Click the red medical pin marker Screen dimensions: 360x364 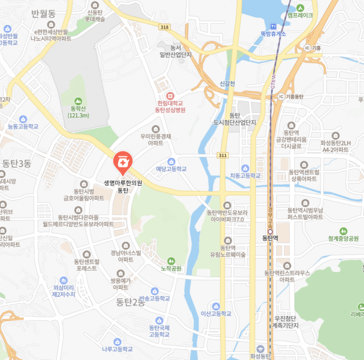coord(121,162)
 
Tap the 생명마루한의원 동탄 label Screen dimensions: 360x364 coord(123,187)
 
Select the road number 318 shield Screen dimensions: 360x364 coord(164,27)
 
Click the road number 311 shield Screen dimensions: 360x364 coord(223,155)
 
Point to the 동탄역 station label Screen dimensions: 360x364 coord(270,238)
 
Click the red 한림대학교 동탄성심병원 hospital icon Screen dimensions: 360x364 coord(170,95)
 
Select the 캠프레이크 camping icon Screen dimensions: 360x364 coord(300,7)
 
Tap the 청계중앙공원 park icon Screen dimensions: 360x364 coord(344,231)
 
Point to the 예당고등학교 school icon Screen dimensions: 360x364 coord(171,161)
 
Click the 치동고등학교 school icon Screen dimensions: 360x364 coord(245,168)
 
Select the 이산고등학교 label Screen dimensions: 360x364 coord(216,314)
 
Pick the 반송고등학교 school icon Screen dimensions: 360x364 coord(154,291)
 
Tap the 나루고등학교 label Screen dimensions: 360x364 coord(117,349)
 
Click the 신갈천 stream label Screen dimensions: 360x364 coord(227,84)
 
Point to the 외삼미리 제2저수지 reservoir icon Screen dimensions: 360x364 coord(64,280)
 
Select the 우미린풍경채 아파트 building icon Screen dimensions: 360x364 coord(156,129)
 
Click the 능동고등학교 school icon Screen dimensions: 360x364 coord(23,119)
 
